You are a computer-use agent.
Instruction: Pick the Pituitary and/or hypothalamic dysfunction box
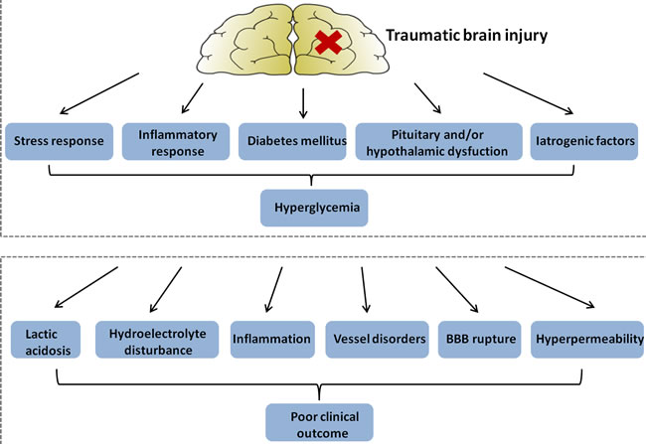click(439, 141)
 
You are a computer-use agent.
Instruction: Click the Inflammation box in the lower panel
click(271, 340)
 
